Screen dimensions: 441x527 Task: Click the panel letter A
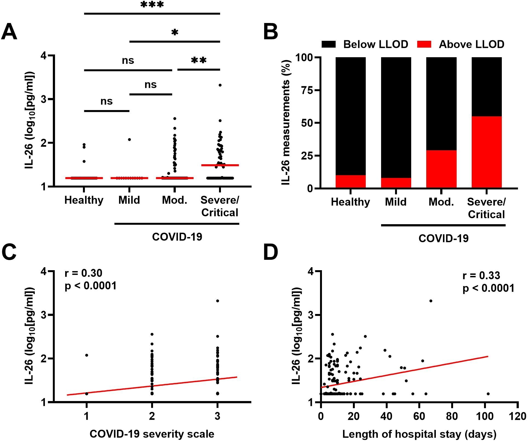click(x=9, y=32)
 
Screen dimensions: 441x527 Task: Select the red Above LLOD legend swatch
click(x=424, y=44)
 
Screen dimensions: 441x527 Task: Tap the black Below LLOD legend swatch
click(x=329, y=44)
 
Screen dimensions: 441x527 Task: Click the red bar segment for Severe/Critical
click(x=486, y=152)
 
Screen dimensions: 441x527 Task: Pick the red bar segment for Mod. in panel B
click(x=441, y=169)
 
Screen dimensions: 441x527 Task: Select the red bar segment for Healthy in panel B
click(x=350, y=181)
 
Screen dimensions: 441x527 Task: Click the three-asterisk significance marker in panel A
click(x=152, y=5)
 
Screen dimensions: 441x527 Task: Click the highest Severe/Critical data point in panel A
click(x=220, y=85)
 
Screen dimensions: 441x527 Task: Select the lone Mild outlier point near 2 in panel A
click(x=129, y=140)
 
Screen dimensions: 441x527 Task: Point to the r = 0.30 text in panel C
click(x=83, y=273)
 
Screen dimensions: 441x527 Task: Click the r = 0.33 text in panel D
click(x=481, y=275)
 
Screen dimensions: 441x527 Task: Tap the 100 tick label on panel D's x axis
click(x=485, y=416)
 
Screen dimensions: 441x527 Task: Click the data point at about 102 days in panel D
click(x=488, y=394)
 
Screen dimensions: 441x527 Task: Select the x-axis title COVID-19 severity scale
click(x=152, y=434)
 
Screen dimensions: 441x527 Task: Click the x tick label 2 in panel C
click(x=152, y=416)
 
